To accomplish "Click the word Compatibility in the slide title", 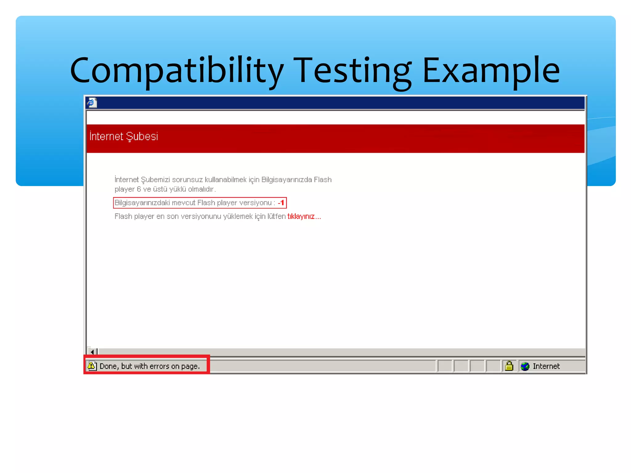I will pyautogui.click(x=177, y=71).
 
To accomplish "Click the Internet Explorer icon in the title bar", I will pyautogui.click(x=92, y=103).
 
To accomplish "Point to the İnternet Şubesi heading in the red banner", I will pyautogui.click(x=124, y=136).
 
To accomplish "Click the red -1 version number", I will pyautogui.click(x=281, y=203).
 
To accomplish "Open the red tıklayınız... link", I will pyautogui.click(x=304, y=216).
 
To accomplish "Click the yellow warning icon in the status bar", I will pyautogui.click(x=92, y=366).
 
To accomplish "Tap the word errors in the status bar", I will pyautogui.click(x=159, y=366).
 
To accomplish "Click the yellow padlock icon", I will pyautogui.click(x=509, y=366).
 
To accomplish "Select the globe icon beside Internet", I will pyautogui.click(x=525, y=366).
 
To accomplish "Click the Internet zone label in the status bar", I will pyautogui.click(x=546, y=366).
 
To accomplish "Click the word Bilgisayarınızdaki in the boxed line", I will pyautogui.click(x=142, y=203).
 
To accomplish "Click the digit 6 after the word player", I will pyautogui.click(x=139, y=189).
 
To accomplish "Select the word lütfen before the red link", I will pyautogui.click(x=276, y=216).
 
